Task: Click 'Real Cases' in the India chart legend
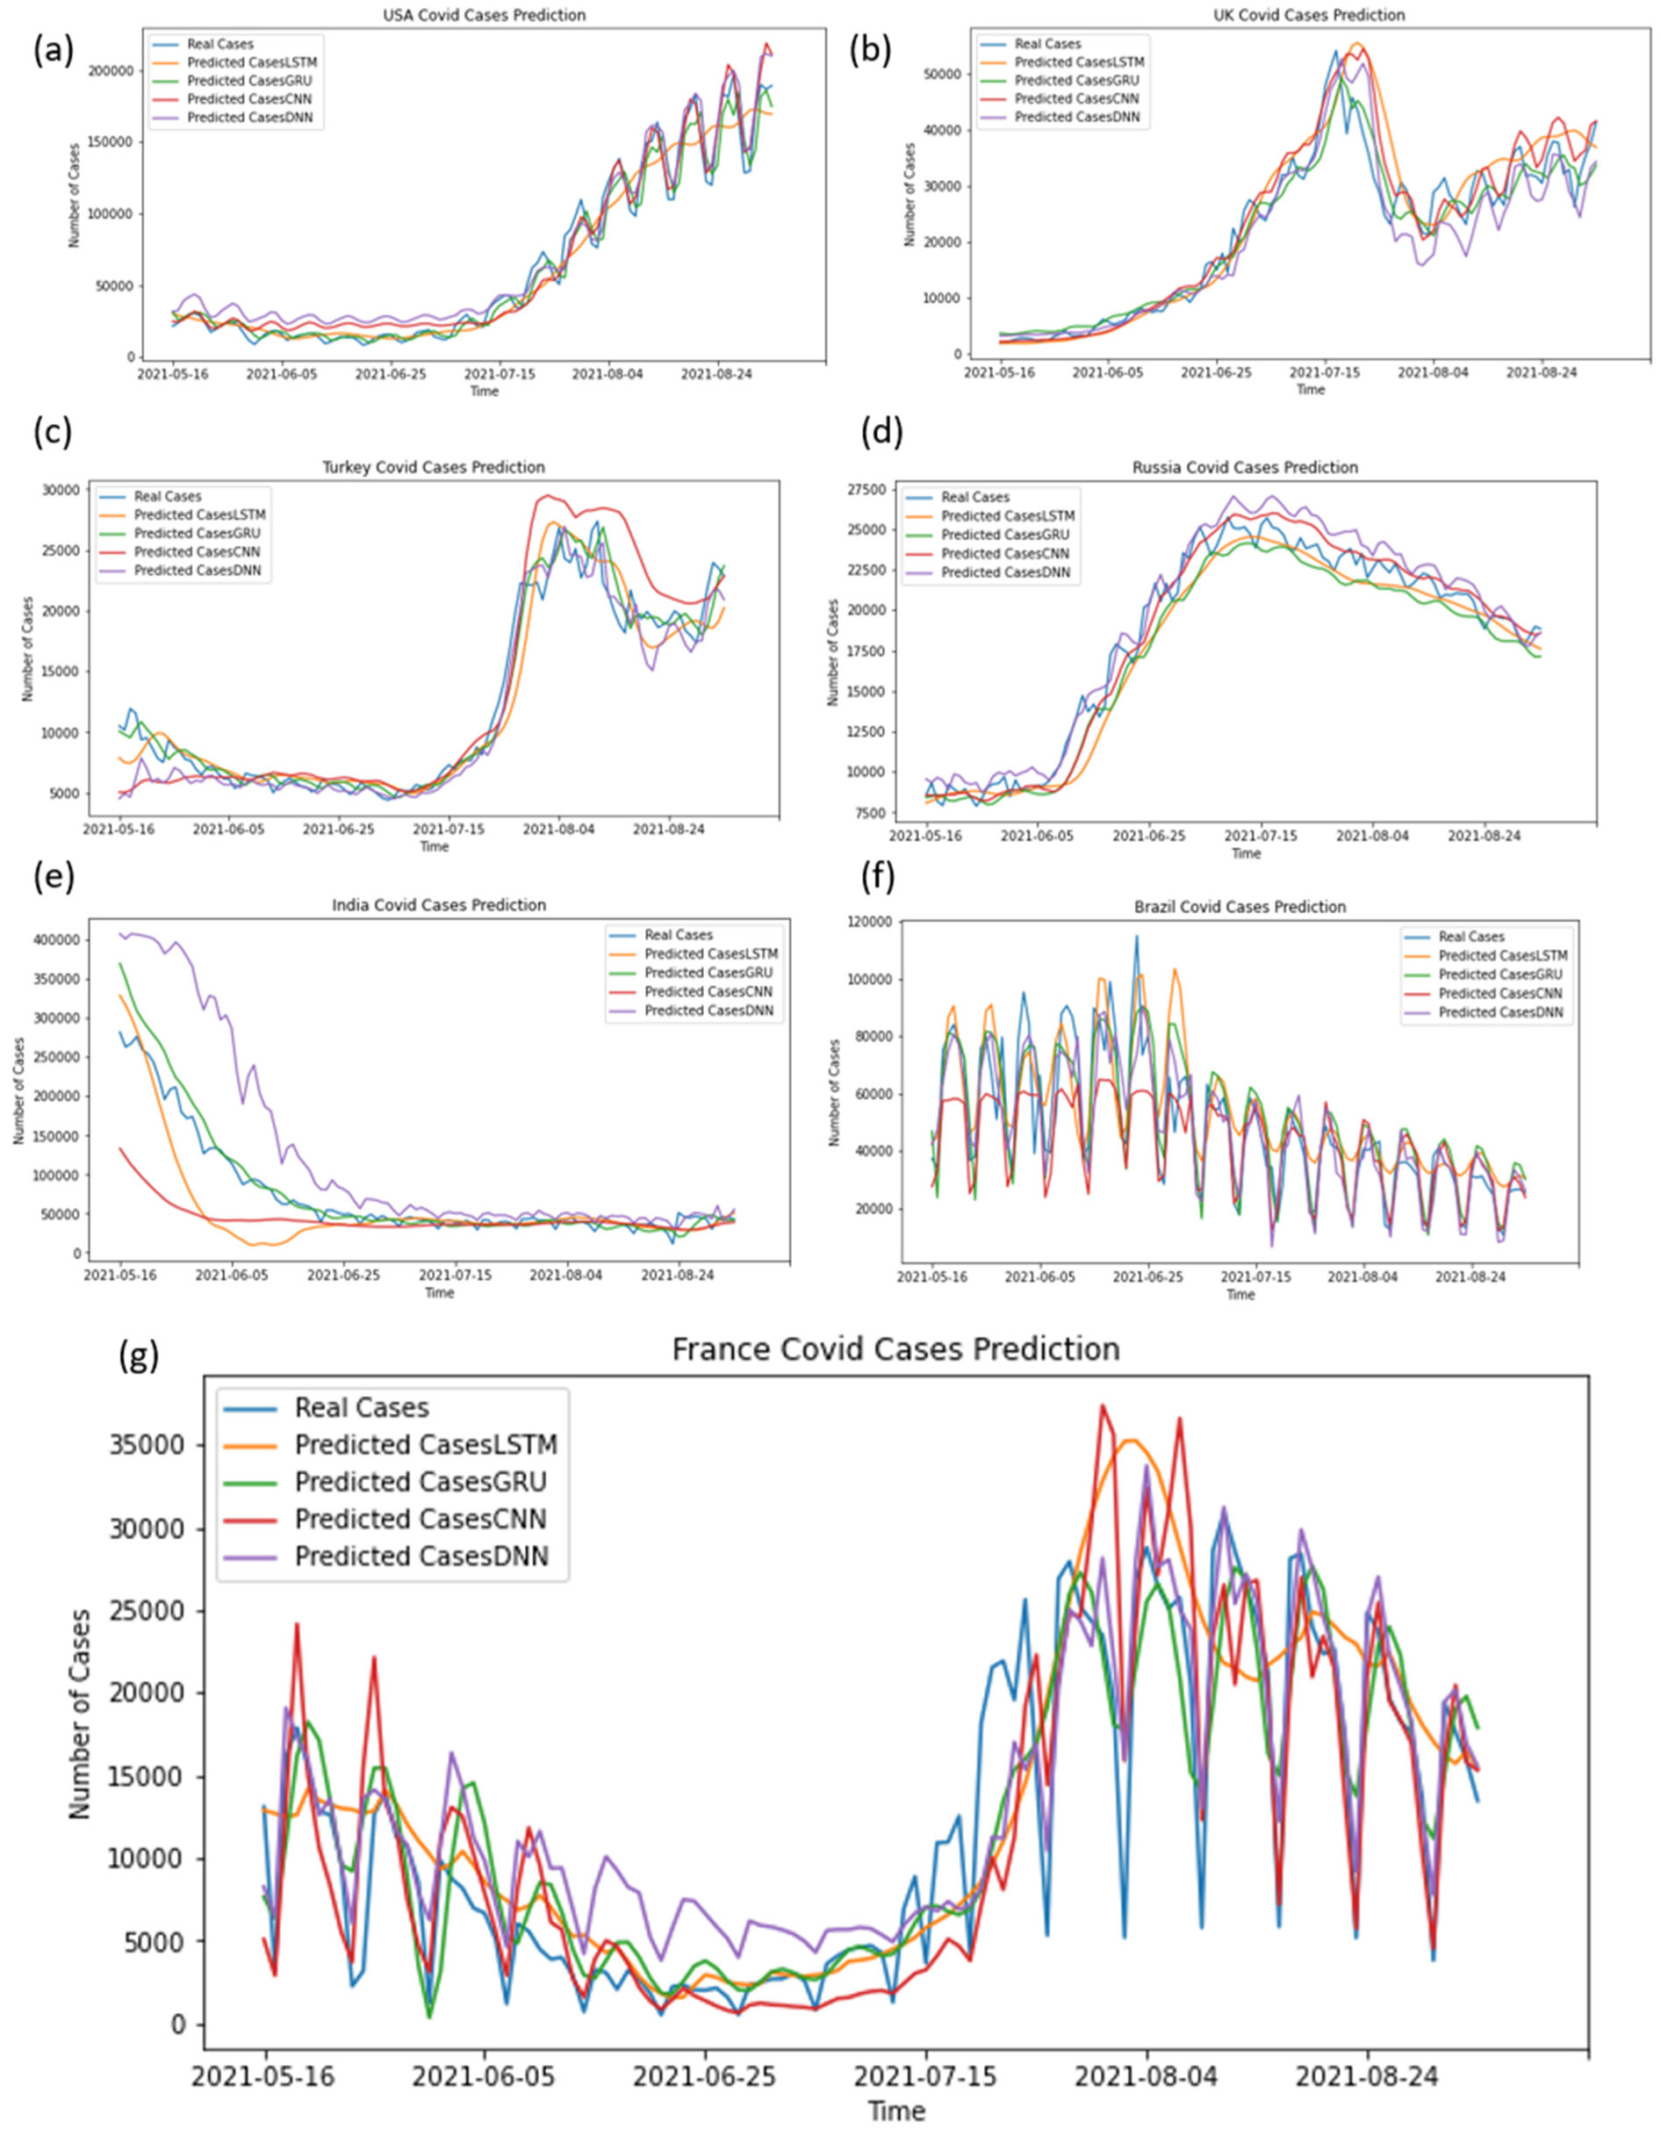[x=679, y=935]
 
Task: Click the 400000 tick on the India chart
[x=54, y=939]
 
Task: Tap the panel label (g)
[x=138, y=1357]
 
